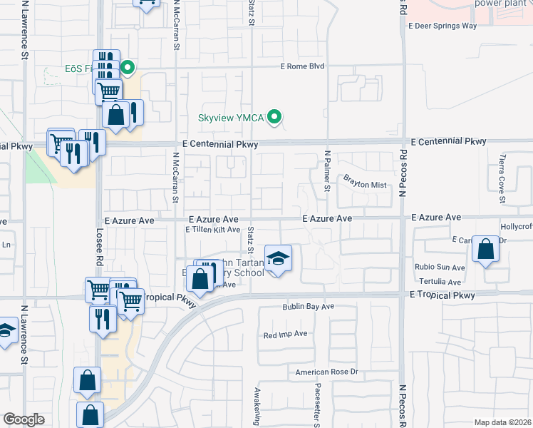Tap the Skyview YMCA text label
[x=231, y=117]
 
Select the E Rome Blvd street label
[x=302, y=66]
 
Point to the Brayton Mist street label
[x=364, y=185]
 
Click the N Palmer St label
[x=328, y=170]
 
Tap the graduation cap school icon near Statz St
[x=278, y=258]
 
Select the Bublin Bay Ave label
[x=307, y=307]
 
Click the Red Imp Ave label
[x=285, y=334]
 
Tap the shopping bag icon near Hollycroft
[x=485, y=250]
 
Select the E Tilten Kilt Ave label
[x=213, y=230]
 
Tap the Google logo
[x=24, y=419]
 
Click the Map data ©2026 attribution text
[x=502, y=422]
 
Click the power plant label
[x=500, y=3]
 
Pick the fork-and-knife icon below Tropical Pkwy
[x=103, y=317]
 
